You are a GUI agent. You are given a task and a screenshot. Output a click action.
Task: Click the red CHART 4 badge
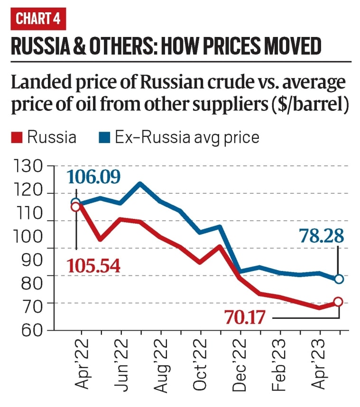38,19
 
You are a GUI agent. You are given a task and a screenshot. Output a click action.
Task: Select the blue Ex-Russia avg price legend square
103,138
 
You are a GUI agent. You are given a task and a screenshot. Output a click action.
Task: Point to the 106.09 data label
94,177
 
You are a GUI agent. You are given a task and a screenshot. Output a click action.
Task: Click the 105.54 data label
94,266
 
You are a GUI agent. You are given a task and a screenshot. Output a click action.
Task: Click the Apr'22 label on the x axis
81,362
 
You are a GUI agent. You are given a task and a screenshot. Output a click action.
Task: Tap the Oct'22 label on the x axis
201,362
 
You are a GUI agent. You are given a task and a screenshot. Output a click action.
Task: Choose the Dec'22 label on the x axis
240,362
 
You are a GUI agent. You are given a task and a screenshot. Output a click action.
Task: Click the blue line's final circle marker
339,279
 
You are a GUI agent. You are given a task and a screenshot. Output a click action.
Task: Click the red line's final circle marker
338,302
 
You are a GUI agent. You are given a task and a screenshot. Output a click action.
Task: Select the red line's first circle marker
75,207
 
